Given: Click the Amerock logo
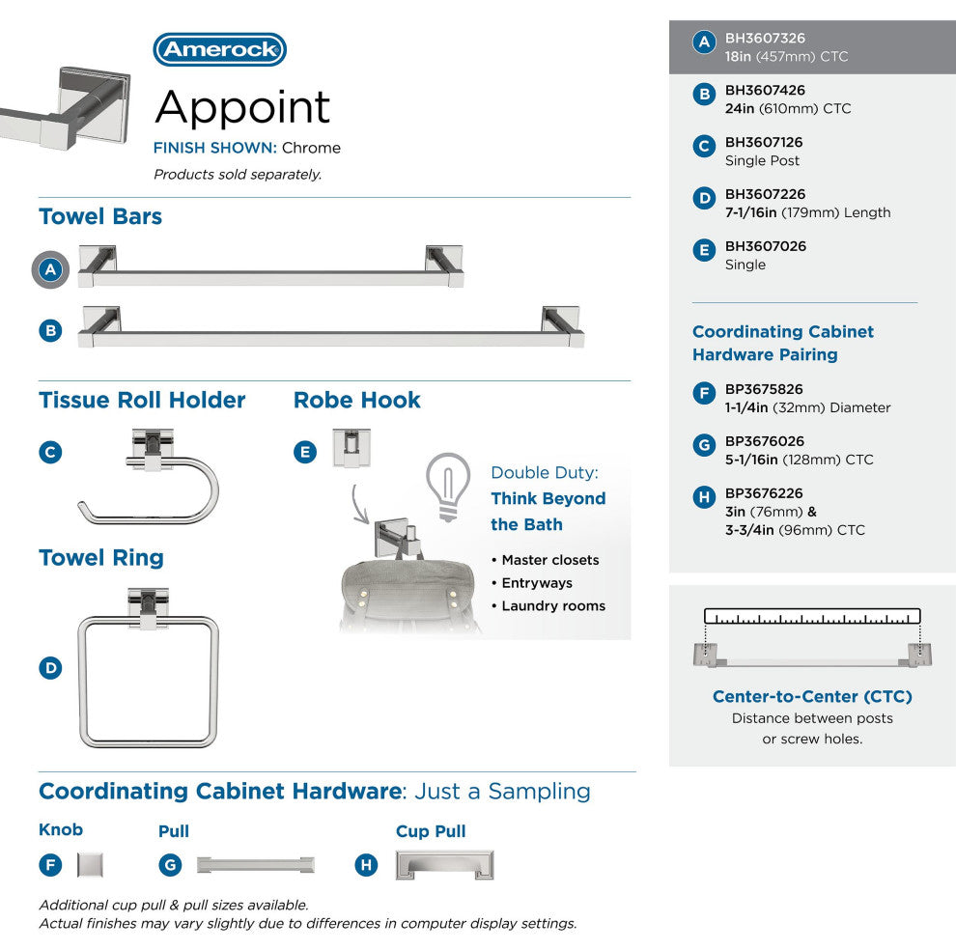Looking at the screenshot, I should (x=219, y=50).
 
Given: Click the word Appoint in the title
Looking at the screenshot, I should (x=242, y=106).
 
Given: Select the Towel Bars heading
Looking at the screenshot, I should (x=100, y=216).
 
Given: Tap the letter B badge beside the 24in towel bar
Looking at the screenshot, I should (x=50, y=330).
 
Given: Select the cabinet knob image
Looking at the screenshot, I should (x=90, y=864).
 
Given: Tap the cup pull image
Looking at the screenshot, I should (x=445, y=865).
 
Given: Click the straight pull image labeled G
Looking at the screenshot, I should (x=255, y=864).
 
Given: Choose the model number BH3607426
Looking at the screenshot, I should (x=765, y=91).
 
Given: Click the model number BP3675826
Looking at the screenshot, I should (x=764, y=390).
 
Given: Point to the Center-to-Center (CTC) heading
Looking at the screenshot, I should (x=812, y=696).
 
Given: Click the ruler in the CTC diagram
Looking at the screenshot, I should (x=812, y=616).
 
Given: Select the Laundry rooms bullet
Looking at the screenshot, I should (x=553, y=606).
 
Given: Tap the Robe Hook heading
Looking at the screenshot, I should (x=357, y=400).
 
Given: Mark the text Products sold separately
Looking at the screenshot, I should (x=238, y=175).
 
